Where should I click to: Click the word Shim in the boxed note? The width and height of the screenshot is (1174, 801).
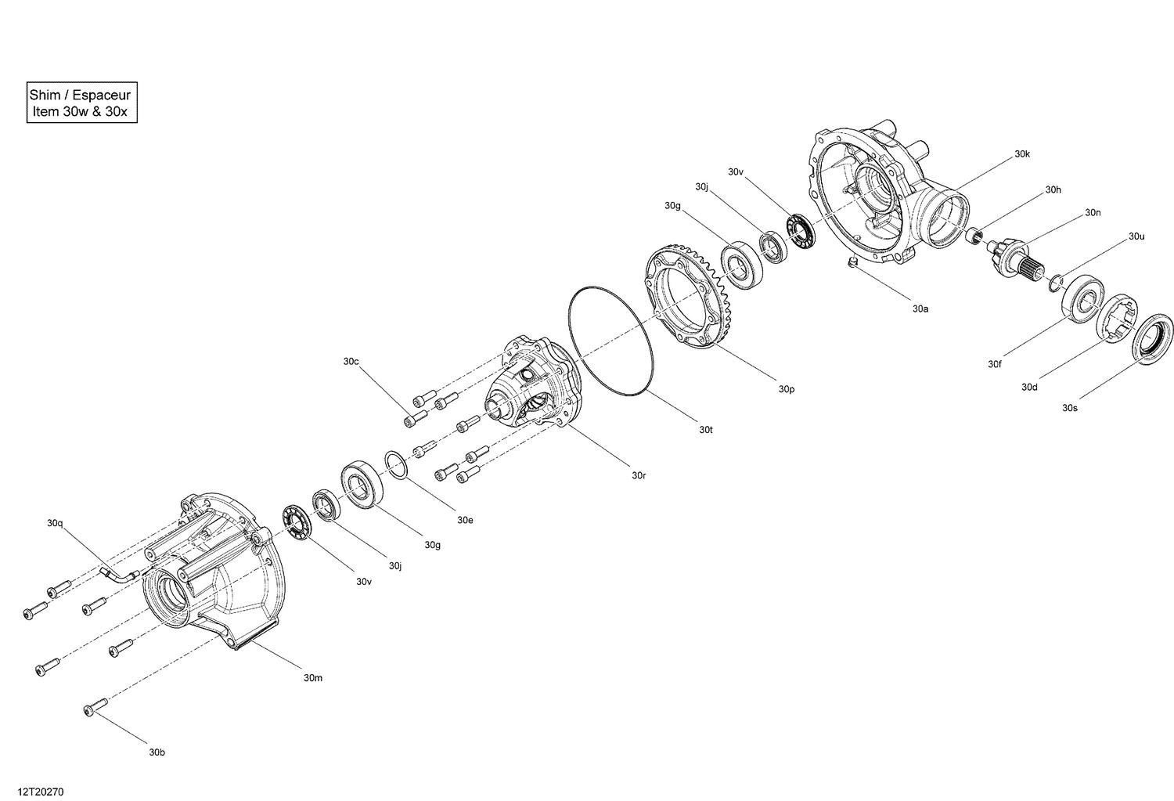point(45,95)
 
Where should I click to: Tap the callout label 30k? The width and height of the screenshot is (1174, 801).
point(1022,154)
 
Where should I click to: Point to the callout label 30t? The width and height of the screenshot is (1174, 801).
point(706,429)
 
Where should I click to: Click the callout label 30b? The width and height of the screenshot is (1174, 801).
point(157,752)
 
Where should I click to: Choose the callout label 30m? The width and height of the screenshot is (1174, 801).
point(313,677)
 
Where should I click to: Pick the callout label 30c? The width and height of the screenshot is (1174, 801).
point(351,361)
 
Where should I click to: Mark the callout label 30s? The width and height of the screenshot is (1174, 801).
point(1070,407)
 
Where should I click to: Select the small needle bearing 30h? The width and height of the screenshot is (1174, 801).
point(973,235)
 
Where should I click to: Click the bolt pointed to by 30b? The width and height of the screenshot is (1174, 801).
point(95,708)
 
